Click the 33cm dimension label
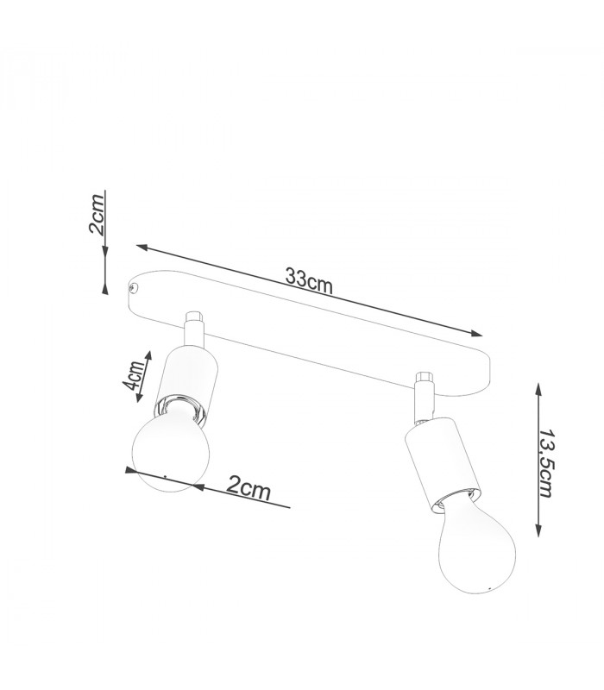[309, 279]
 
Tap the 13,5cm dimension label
[546, 463]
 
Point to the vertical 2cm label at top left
[97, 214]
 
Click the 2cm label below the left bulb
[249, 487]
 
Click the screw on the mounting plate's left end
[133, 288]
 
